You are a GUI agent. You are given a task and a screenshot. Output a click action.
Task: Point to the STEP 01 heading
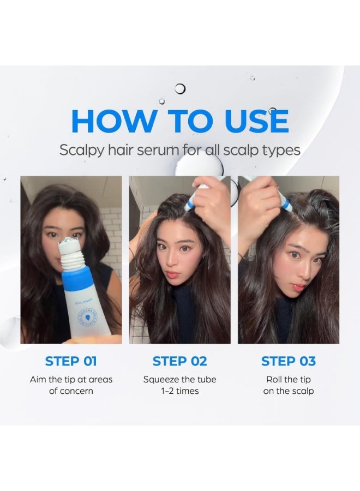pyautogui.click(x=71, y=361)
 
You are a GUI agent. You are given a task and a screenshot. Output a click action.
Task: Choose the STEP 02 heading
pyautogui.click(x=179, y=361)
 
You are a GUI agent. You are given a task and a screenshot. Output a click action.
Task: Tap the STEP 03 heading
pyautogui.click(x=288, y=361)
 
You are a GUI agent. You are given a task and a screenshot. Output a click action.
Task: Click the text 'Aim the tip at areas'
pyautogui.click(x=71, y=379)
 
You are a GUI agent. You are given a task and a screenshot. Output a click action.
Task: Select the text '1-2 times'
pyautogui.click(x=179, y=391)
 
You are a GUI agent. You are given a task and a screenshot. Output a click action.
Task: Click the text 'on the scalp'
pyautogui.click(x=288, y=391)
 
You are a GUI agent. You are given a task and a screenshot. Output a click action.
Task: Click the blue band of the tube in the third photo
pyautogui.click(x=285, y=203)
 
